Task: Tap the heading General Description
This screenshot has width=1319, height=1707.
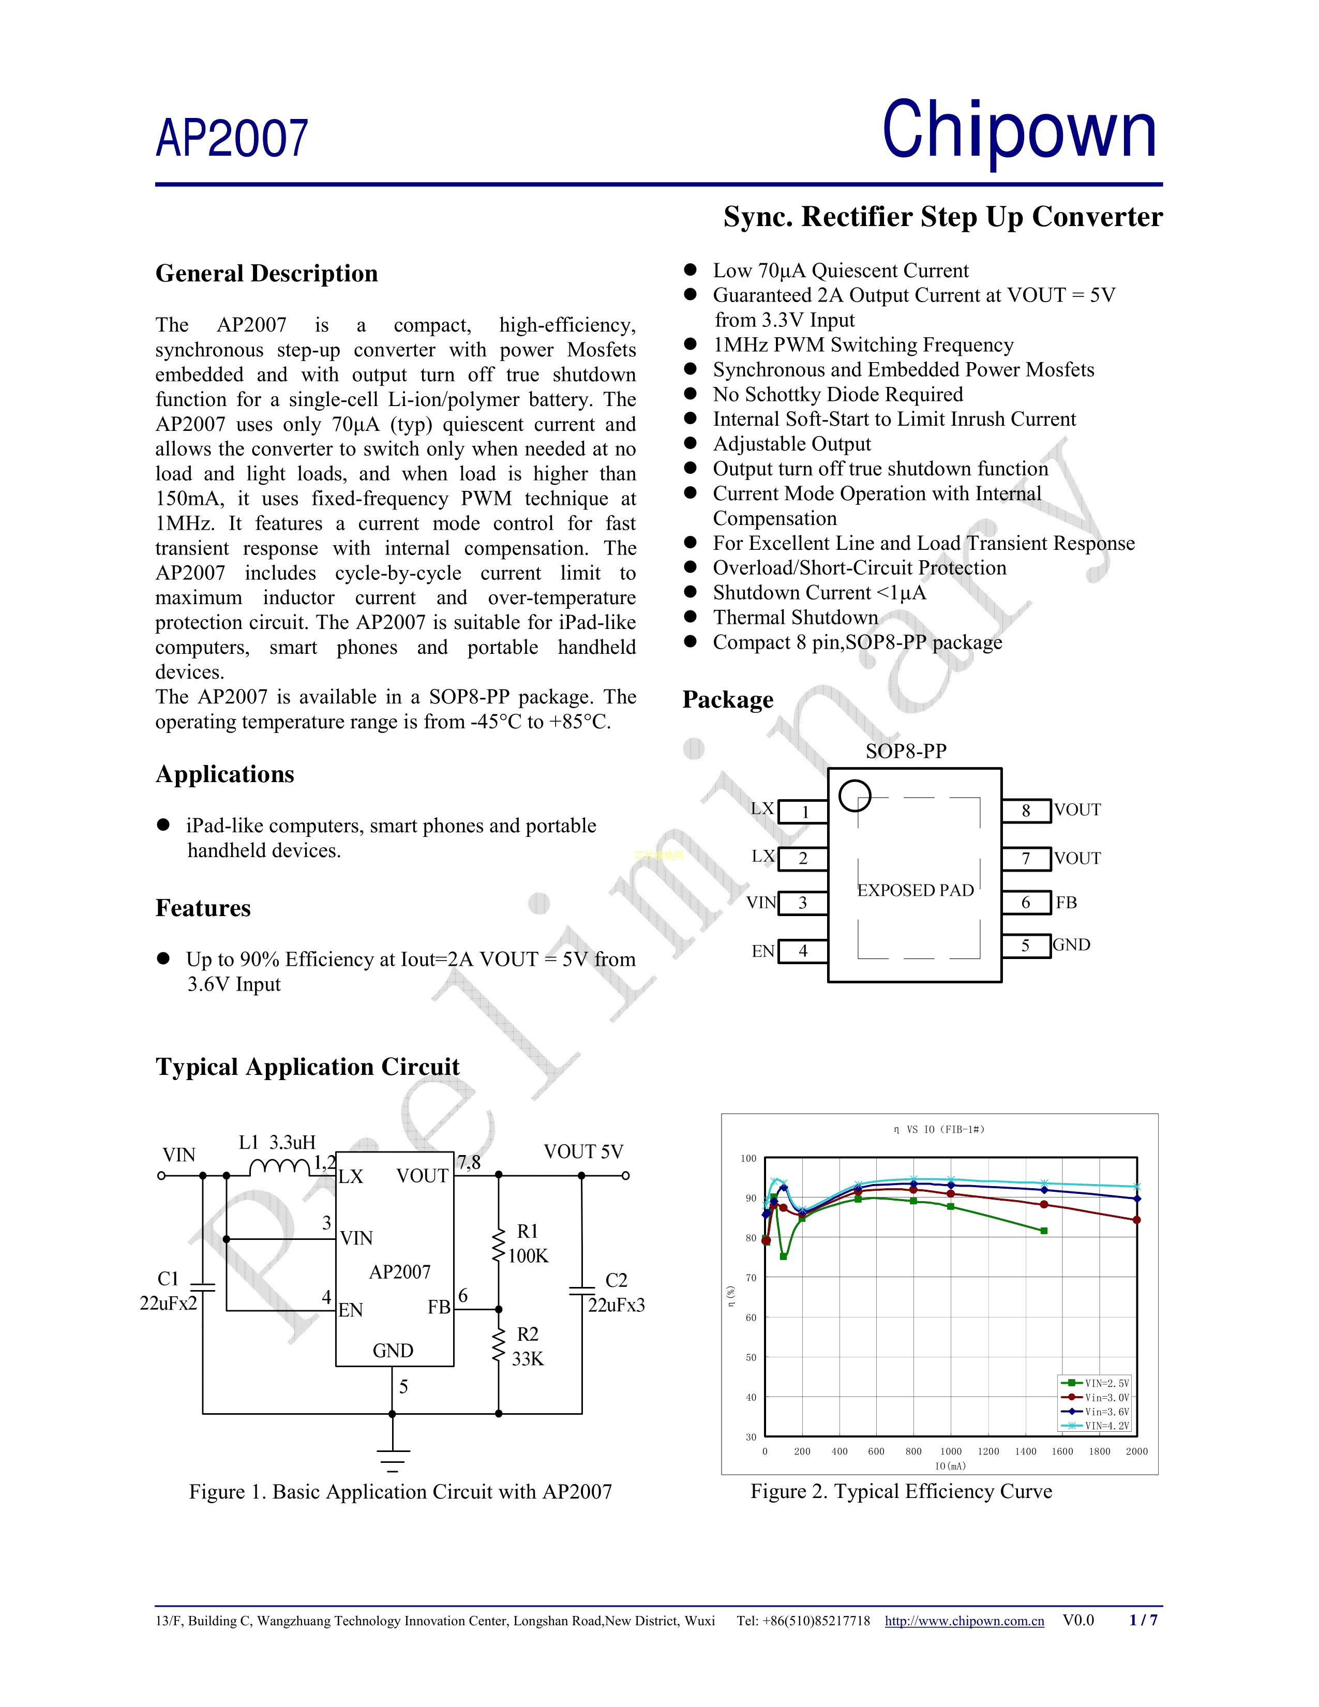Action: [266, 274]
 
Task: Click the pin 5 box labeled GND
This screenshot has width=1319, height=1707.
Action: [1026, 946]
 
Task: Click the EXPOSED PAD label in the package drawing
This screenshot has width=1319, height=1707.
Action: [915, 890]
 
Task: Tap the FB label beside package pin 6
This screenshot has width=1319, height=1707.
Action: [1066, 903]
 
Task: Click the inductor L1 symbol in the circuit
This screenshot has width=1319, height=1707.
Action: [279, 1167]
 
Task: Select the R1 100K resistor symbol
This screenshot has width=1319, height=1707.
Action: [499, 1244]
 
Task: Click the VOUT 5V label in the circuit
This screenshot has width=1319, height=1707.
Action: [583, 1151]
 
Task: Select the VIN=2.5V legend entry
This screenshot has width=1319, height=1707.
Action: [1096, 1383]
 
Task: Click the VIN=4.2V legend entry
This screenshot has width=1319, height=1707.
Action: [1096, 1426]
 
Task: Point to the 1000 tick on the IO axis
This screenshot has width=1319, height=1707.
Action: [950, 1451]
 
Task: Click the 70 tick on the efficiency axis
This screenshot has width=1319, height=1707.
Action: [751, 1278]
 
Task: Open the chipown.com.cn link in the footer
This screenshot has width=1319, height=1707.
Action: [964, 1621]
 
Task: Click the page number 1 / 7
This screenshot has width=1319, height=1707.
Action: [1143, 1620]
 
